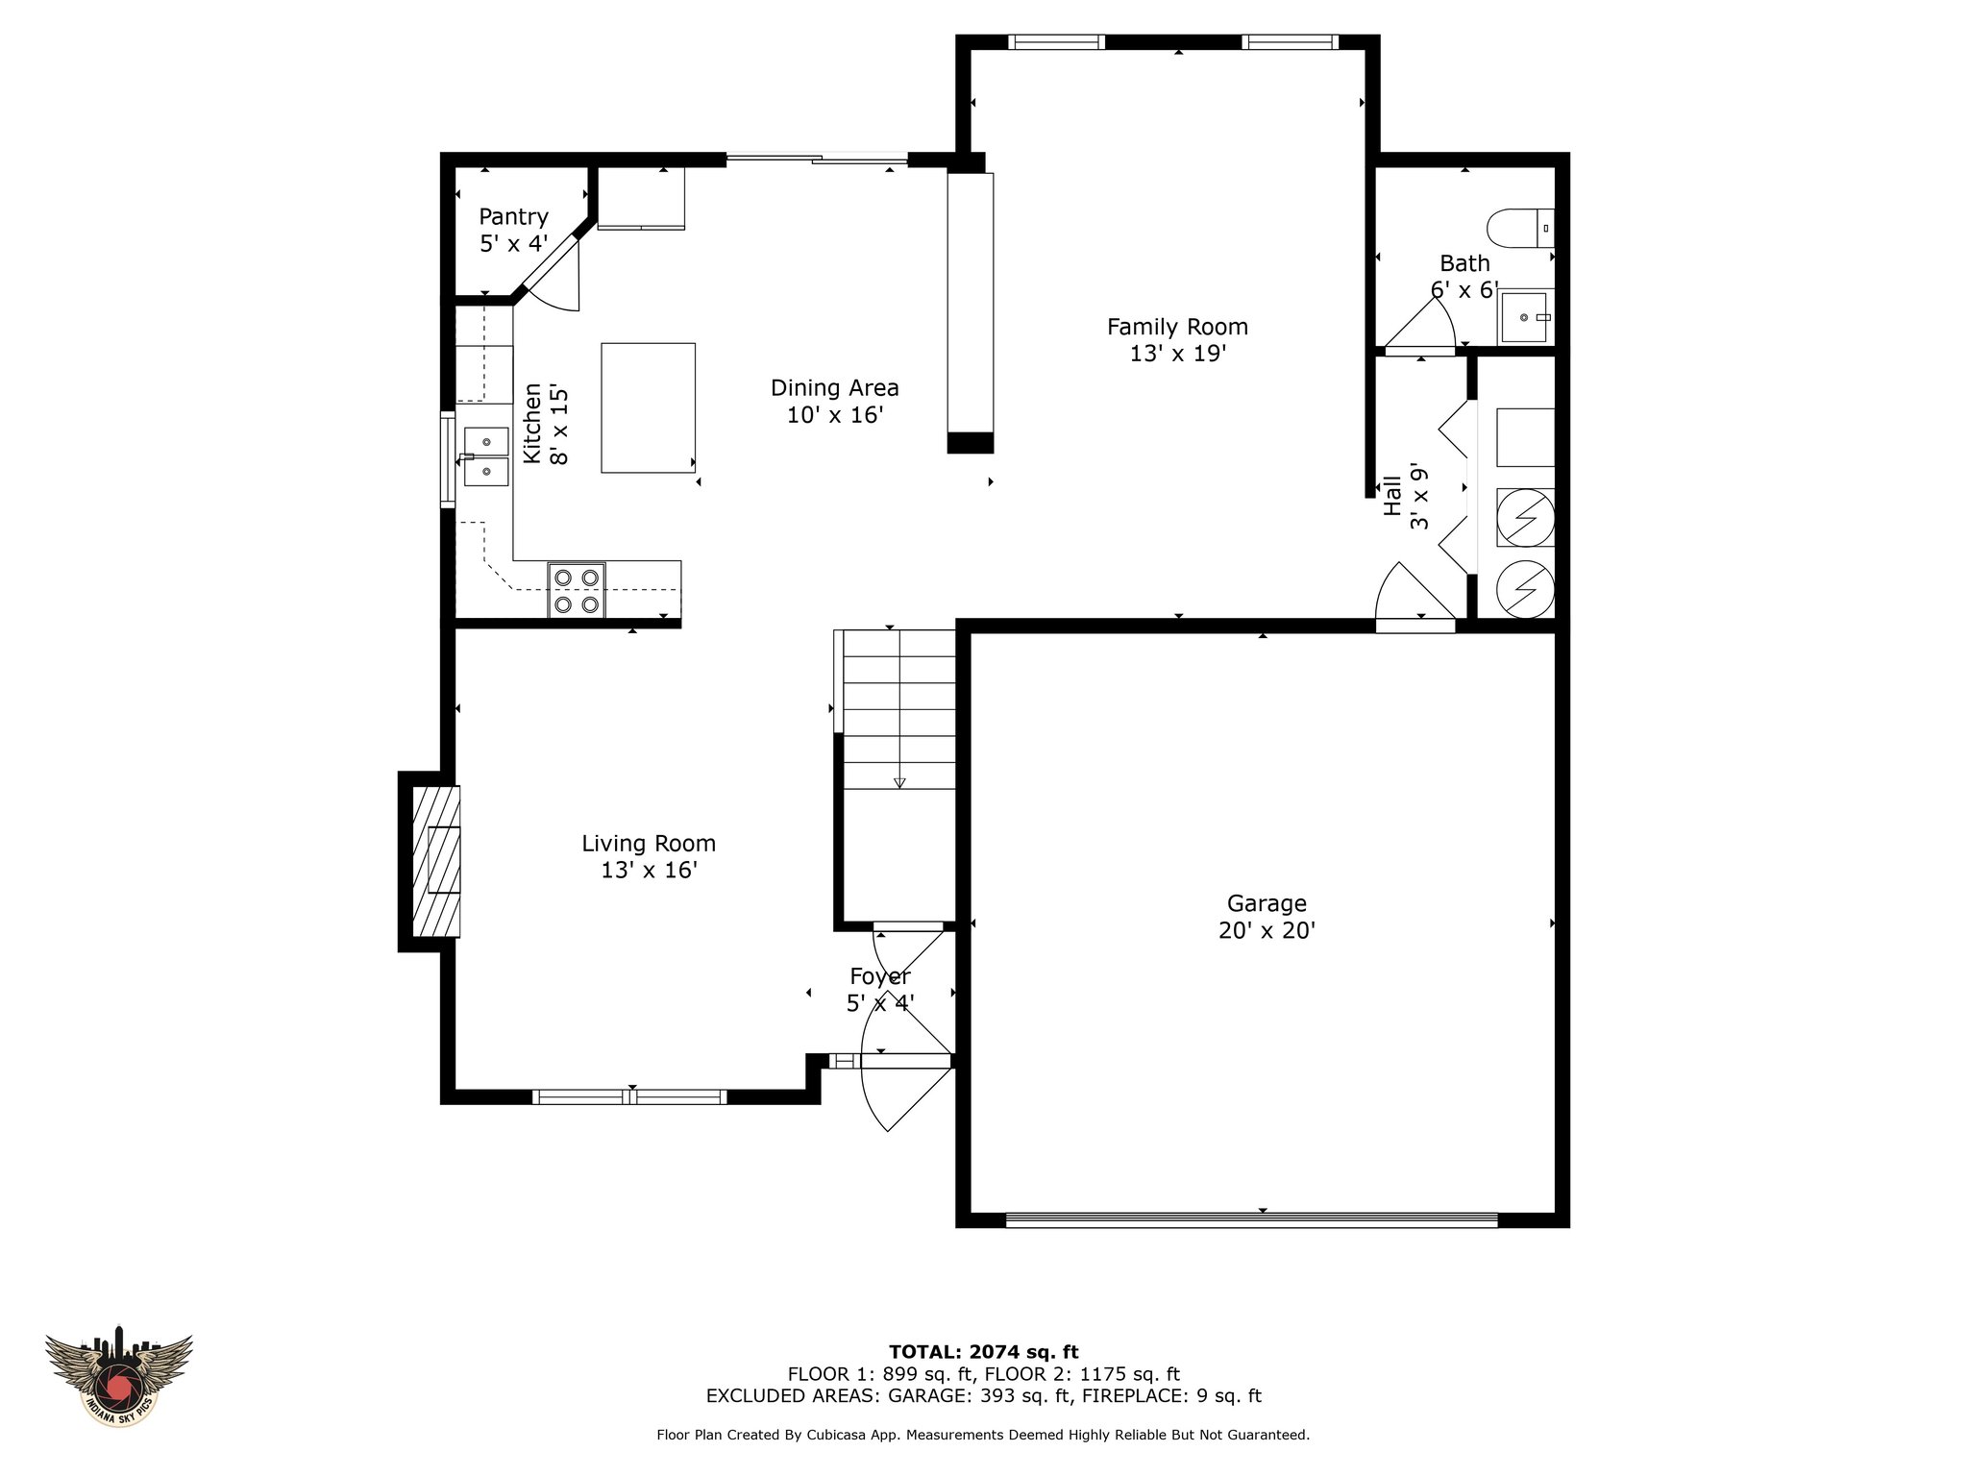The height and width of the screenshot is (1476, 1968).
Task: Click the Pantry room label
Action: click(x=513, y=217)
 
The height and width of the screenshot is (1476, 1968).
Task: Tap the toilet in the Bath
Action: click(x=1519, y=229)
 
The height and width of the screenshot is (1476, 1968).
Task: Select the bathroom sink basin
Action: click(x=1525, y=317)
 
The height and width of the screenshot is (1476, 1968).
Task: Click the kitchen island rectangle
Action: click(x=648, y=407)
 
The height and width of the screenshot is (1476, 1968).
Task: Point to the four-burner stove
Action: click(x=577, y=589)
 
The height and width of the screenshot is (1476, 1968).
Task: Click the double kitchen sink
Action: click(x=486, y=456)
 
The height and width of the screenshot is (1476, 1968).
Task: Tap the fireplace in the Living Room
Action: click(x=435, y=861)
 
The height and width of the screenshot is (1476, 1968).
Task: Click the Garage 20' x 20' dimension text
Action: click(x=1267, y=930)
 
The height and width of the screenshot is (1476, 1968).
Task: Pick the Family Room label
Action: click(x=1177, y=327)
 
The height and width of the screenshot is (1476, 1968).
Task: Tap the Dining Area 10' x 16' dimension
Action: click(x=834, y=415)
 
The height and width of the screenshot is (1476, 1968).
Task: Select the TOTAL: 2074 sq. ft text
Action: click(x=983, y=1352)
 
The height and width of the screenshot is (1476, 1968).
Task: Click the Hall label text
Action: click(x=1392, y=496)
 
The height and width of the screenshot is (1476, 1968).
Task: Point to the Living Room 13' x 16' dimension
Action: click(x=649, y=871)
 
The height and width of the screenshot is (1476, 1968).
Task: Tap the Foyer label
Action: click(x=879, y=977)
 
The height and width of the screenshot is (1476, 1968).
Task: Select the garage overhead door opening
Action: click(x=1251, y=1220)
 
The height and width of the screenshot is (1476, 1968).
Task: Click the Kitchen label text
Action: click(x=531, y=424)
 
